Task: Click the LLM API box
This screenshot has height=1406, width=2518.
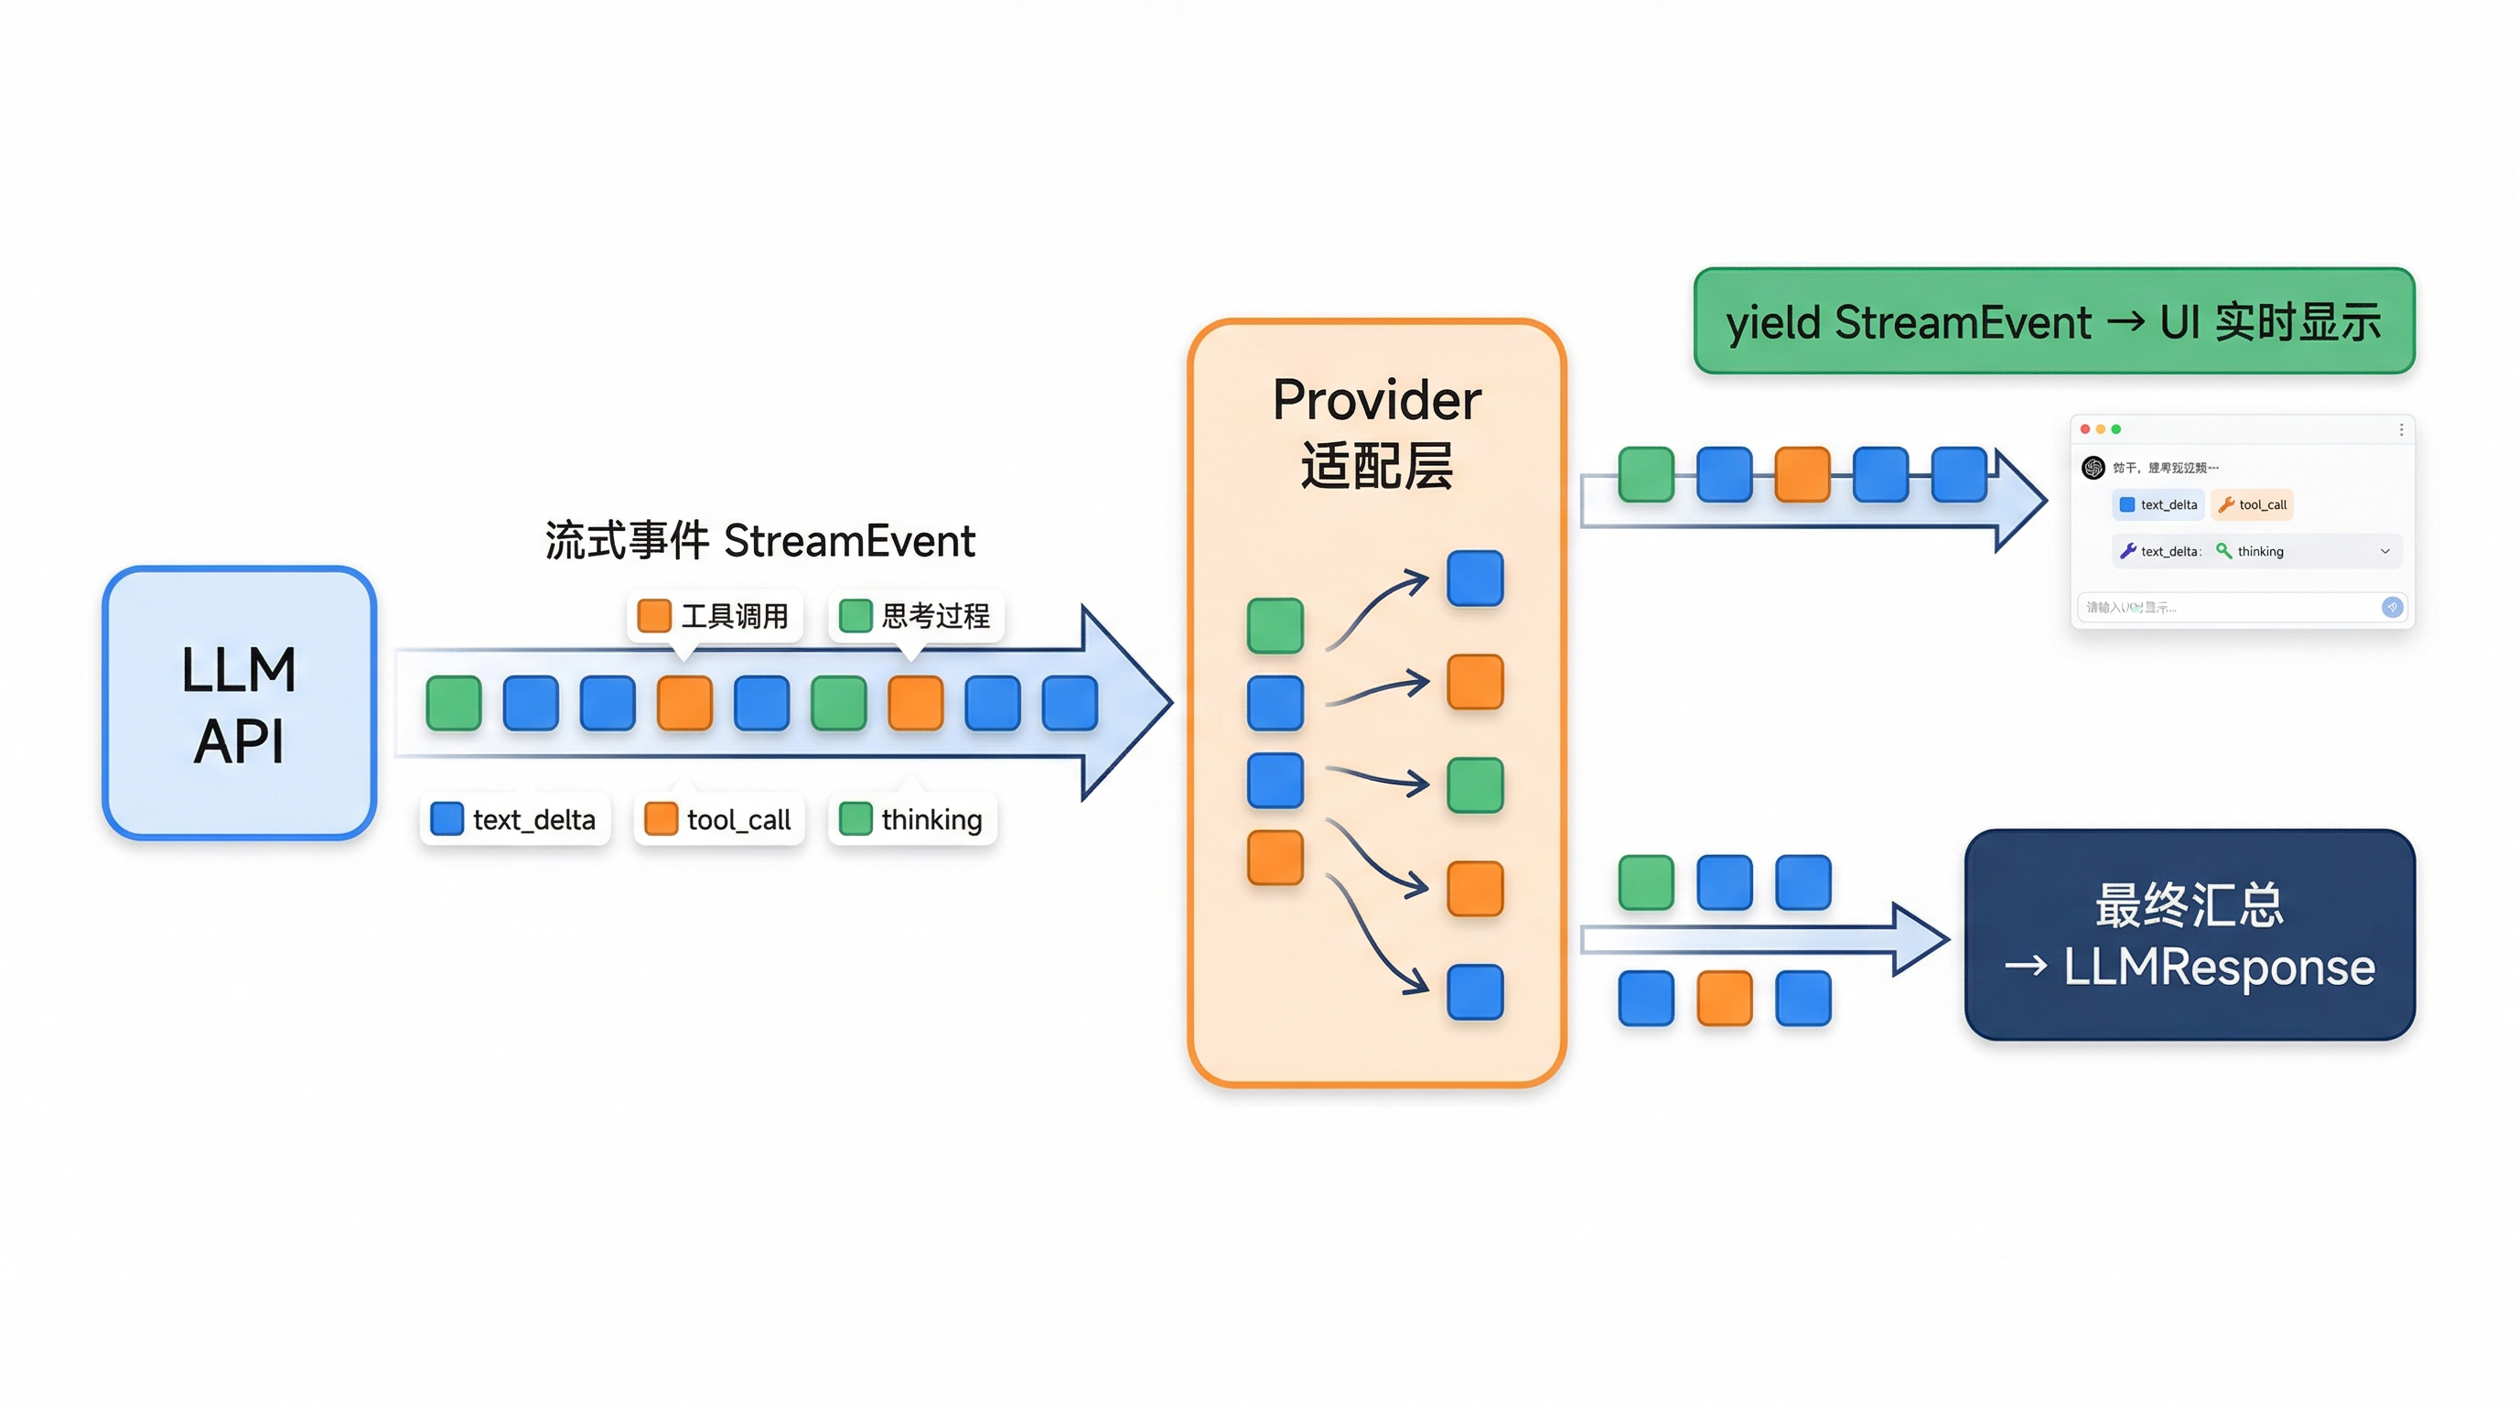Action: pyautogui.click(x=240, y=702)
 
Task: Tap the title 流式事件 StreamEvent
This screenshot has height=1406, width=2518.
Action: pyautogui.click(x=759, y=541)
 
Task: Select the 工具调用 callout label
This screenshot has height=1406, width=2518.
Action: pyautogui.click(x=715, y=616)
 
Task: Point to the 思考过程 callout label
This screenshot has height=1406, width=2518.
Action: pyautogui.click(x=916, y=616)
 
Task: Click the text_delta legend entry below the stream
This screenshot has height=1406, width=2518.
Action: pyautogui.click(x=514, y=819)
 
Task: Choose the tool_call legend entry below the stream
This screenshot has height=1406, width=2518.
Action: pyautogui.click(x=718, y=819)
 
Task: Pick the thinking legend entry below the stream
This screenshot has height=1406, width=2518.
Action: pyautogui.click(x=912, y=819)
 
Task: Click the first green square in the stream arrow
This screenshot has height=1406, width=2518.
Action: pyautogui.click(x=454, y=703)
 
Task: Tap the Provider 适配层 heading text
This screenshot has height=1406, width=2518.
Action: pyautogui.click(x=1376, y=432)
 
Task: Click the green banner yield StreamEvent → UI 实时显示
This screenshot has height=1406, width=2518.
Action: pyautogui.click(x=2054, y=321)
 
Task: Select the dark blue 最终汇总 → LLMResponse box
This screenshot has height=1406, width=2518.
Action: pyautogui.click(x=2190, y=935)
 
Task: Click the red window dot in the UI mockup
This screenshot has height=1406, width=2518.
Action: pyautogui.click(x=2085, y=429)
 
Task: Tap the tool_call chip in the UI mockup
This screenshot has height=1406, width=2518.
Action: pyautogui.click(x=2252, y=504)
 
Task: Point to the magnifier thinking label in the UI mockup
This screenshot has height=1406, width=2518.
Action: pyautogui.click(x=2250, y=551)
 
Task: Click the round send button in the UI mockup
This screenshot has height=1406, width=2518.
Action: pyautogui.click(x=2392, y=607)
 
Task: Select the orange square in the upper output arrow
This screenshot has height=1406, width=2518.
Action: pyautogui.click(x=1802, y=474)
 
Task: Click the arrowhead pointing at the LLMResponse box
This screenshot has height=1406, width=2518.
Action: pyautogui.click(x=1921, y=939)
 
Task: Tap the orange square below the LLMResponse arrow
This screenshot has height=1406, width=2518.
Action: pyautogui.click(x=1725, y=999)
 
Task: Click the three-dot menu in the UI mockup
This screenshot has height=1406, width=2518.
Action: pyautogui.click(x=2402, y=429)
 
